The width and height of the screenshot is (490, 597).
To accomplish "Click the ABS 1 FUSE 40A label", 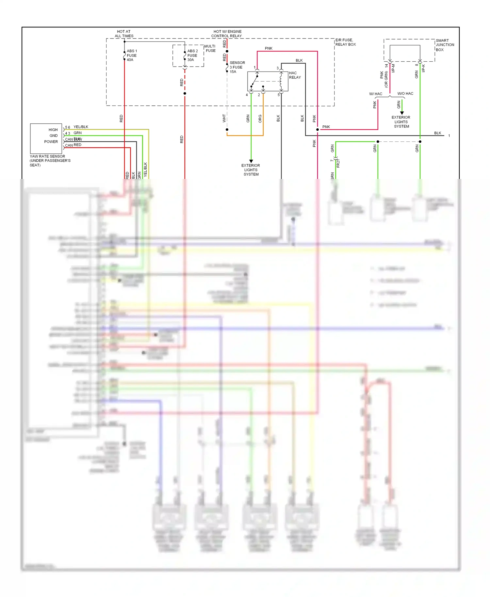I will [132, 56].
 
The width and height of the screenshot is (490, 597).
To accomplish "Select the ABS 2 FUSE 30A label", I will [192, 56].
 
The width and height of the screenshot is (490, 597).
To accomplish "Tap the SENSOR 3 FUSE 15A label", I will [237, 67].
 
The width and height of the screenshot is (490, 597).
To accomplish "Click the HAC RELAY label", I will [295, 75].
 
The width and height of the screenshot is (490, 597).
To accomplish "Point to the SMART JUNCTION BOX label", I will [445, 45].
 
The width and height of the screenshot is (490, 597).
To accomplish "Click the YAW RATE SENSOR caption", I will [50, 161].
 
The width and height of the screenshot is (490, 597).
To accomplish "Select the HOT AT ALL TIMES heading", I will [124, 34].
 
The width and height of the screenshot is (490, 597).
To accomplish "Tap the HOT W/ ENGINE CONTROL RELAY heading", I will [227, 34].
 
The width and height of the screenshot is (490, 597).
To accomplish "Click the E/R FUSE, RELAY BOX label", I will [345, 42].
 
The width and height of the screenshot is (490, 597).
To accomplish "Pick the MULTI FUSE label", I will [210, 49].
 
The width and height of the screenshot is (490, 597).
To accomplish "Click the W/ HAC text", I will [375, 94].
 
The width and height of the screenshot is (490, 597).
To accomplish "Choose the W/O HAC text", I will [405, 94].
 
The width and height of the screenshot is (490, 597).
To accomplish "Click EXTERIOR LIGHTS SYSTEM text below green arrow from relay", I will [251, 170].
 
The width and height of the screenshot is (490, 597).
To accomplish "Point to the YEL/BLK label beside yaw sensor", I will [81, 127].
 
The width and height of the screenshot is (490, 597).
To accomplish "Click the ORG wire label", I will [260, 119].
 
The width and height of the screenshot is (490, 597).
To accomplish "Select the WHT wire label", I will [224, 118].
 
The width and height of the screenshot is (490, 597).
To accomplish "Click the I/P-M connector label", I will [393, 68].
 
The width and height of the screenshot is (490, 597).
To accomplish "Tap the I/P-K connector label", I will [423, 68].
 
